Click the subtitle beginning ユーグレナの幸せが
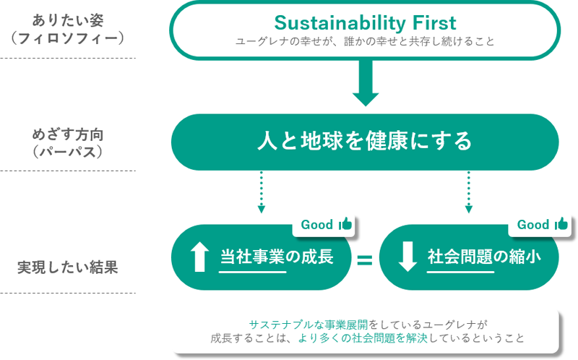pyautogui.click(x=365, y=41)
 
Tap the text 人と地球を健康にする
pyautogui.click(x=365, y=141)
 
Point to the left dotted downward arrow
pyautogui.click(x=261, y=192)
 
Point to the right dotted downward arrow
pyautogui.click(x=469, y=192)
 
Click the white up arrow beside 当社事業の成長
pyautogui.click(x=197, y=257)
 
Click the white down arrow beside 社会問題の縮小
pyautogui.click(x=407, y=257)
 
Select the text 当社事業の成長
pyautogui.click(x=277, y=256)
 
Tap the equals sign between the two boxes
pyautogui.click(x=365, y=259)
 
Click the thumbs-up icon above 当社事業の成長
pyautogui.click(x=345, y=224)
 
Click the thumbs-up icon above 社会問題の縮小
pyautogui.click(x=561, y=224)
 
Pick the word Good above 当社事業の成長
pyautogui.click(x=316, y=225)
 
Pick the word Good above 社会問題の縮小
pyautogui.click(x=533, y=225)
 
